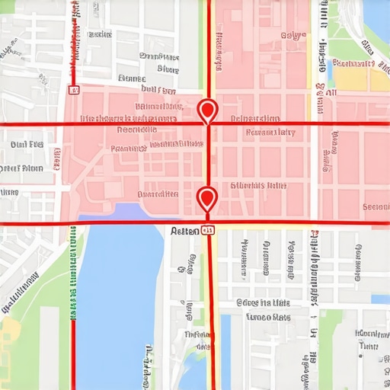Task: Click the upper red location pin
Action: [206, 110]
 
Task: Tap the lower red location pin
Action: [206, 198]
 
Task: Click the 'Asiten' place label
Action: [185, 230]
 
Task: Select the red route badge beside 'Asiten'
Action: [209, 230]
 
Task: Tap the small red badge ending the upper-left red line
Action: [73, 90]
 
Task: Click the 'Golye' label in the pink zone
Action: [292, 35]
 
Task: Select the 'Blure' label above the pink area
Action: [168, 69]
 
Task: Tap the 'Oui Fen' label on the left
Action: [27, 144]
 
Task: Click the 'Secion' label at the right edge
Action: [376, 206]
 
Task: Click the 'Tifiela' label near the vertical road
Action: [197, 334]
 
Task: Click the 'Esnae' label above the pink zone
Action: [131, 78]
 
